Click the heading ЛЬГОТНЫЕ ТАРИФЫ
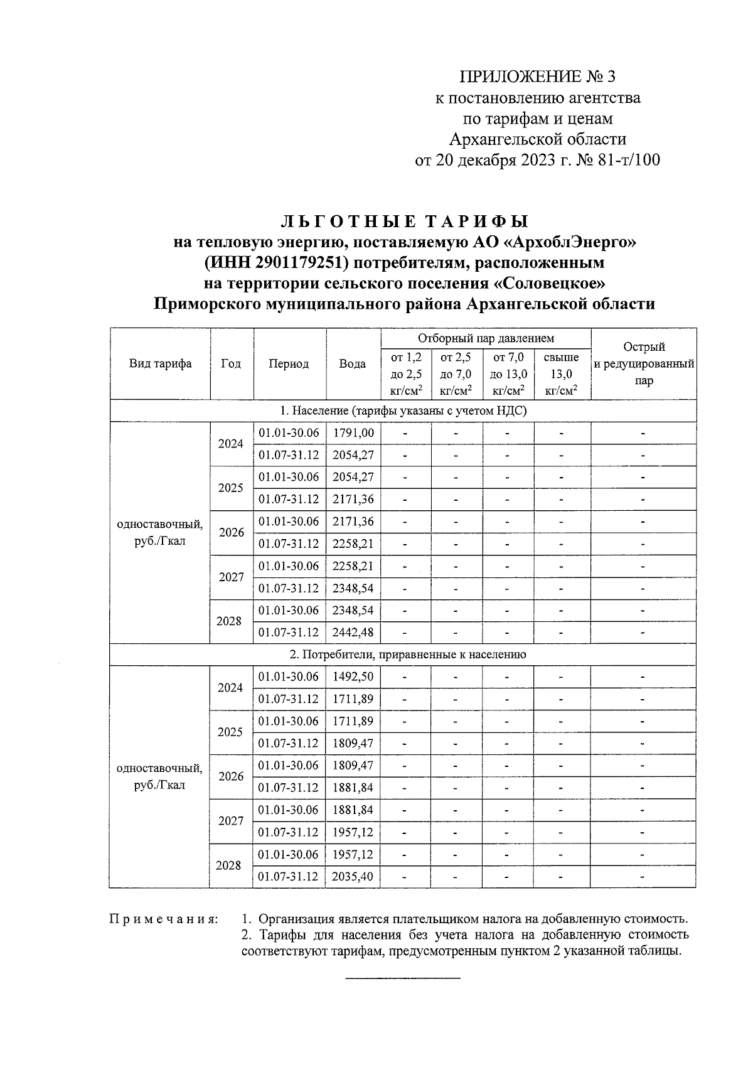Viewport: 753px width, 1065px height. [x=404, y=222]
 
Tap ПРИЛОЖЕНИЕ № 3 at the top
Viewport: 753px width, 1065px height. [x=538, y=77]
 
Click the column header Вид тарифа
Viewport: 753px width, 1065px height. [x=161, y=364]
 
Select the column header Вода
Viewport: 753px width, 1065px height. [x=353, y=364]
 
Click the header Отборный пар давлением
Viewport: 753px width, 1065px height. [x=486, y=339]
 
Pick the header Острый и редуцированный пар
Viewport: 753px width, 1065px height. [x=644, y=364]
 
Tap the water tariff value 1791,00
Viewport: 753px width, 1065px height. [x=353, y=433]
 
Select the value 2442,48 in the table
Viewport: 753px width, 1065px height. [x=353, y=633]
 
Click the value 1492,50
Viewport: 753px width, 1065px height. [x=353, y=677]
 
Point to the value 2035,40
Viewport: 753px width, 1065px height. [x=353, y=877]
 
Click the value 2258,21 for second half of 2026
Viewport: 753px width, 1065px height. [x=353, y=544]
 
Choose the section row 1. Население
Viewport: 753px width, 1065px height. [x=403, y=411]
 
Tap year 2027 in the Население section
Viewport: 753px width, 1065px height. [x=231, y=577]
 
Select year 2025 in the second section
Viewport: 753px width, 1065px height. [x=231, y=732]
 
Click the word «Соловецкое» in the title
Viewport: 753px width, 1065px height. [x=550, y=283]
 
